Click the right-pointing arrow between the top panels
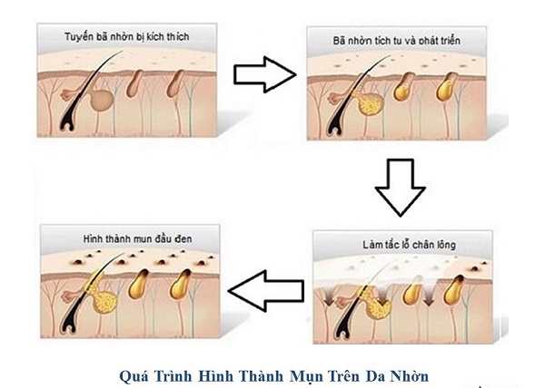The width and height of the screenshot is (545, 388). pyautogui.click(x=264, y=74)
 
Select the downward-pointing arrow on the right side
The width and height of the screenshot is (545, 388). pyautogui.click(x=400, y=185)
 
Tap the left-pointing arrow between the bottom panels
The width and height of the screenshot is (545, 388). pyautogui.click(x=265, y=291)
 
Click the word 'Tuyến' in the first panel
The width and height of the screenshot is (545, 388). pyautogui.click(x=79, y=37)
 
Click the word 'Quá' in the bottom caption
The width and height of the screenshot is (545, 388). pyautogui.click(x=134, y=373)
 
